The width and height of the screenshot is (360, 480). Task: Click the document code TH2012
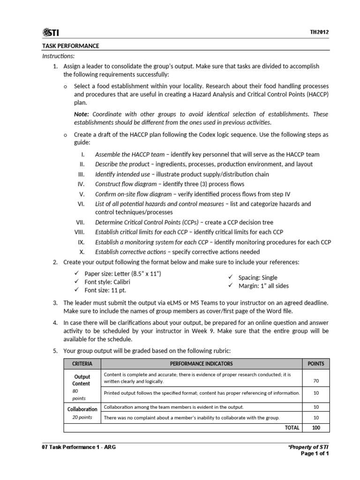(x=319, y=32)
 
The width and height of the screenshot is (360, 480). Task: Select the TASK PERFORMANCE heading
(x=70, y=46)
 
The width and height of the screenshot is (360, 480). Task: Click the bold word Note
(x=82, y=114)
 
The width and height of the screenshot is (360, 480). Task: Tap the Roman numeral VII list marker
(x=81, y=222)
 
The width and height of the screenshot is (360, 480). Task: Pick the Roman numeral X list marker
(x=82, y=252)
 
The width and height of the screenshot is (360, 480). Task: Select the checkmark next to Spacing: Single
(x=230, y=277)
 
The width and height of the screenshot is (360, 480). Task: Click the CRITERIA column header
(x=82, y=364)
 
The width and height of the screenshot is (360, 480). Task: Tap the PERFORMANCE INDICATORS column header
(x=201, y=364)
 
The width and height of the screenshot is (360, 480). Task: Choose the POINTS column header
(x=315, y=364)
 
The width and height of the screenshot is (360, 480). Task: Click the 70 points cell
(x=315, y=380)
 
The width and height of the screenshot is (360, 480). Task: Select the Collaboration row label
(x=82, y=409)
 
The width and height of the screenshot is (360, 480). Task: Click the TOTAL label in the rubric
(x=292, y=428)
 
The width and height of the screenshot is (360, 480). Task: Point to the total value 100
(x=315, y=428)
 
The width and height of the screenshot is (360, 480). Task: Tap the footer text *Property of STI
(x=308, y=447)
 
